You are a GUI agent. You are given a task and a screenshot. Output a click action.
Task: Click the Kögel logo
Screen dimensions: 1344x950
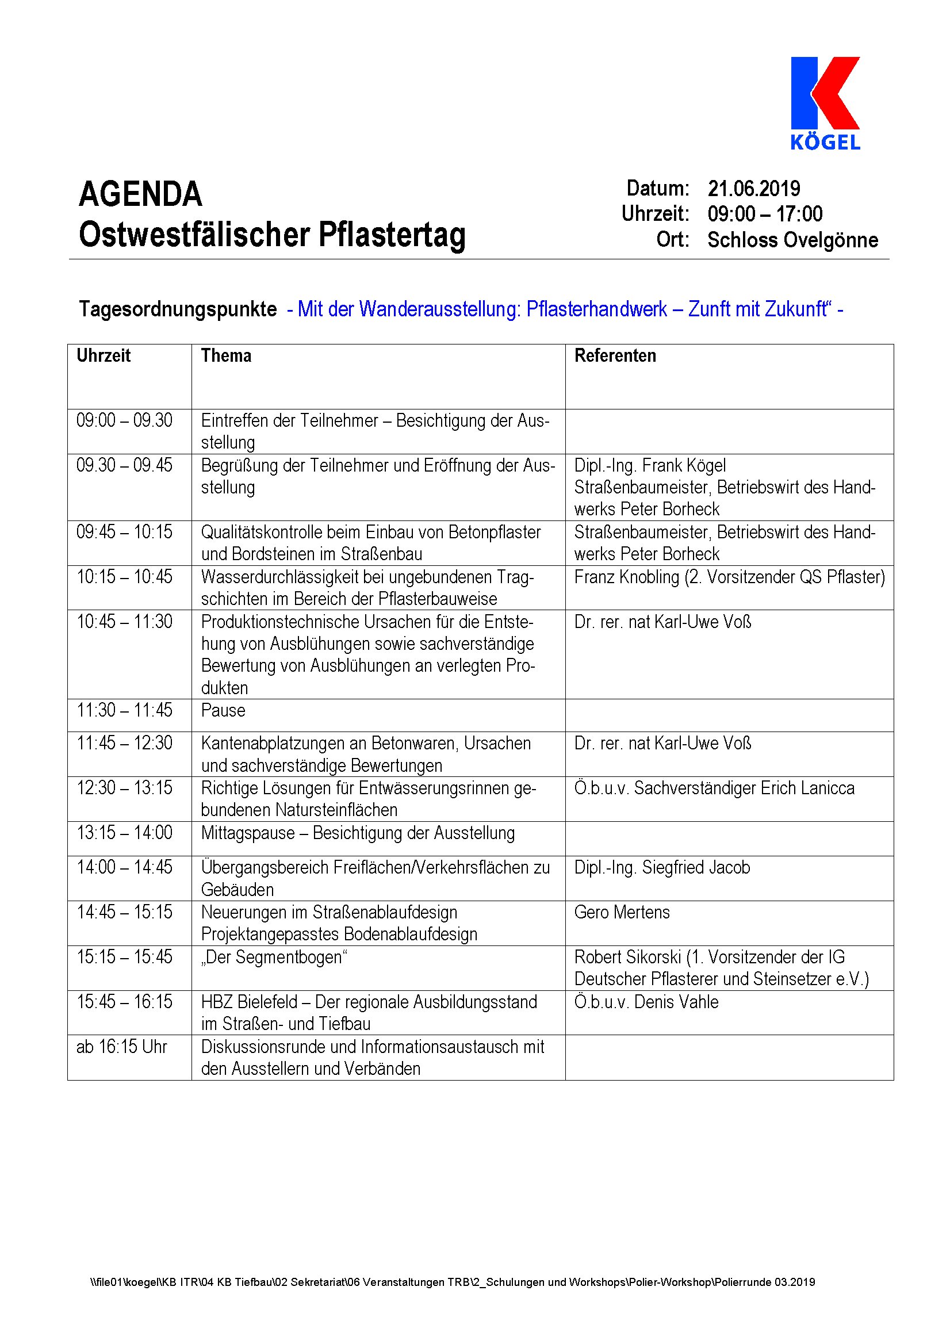[x=825, y=103]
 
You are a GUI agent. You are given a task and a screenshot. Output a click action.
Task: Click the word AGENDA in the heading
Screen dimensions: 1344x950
[x=140, y=194]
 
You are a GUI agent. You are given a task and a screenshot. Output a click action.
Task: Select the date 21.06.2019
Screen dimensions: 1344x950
[x=754, y=189]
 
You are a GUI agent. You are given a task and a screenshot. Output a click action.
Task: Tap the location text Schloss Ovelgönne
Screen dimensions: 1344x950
[x=792, y=240]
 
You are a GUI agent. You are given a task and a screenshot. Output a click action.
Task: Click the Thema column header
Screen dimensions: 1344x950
[x=226, y=356]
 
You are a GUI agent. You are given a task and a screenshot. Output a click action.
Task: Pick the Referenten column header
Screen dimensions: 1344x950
[x=615, y=356]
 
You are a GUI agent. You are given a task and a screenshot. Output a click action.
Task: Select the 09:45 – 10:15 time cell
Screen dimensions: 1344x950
[x=125, y=532]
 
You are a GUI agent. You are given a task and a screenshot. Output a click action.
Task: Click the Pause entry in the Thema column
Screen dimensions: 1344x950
[x=223, y=711]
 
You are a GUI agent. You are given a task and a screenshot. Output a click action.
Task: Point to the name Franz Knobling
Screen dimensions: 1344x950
[x=626, y=577]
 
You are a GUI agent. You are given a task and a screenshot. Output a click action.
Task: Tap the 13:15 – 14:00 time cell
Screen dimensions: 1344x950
[x=125, y=833]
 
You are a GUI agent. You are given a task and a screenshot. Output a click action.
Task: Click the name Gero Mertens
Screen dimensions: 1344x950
[x=622, y=913]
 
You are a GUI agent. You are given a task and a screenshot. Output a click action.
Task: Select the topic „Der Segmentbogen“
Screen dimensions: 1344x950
[x=274, y=958]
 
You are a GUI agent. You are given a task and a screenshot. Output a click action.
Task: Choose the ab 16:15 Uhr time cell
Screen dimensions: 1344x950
[x=122, y=1047]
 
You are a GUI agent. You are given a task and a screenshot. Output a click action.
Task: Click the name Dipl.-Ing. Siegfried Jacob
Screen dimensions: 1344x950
[x=662, y=867]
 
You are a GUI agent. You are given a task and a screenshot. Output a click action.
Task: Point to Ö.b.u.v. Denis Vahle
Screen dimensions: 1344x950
[x=646, y=1002]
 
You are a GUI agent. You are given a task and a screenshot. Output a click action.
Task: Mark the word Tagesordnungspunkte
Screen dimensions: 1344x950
[x=178, y=309]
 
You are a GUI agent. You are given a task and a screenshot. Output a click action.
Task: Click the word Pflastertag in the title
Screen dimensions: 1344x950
[x=392, y=235]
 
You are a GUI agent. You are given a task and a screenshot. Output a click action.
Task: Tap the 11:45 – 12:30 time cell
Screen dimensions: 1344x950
[x=125, y=744]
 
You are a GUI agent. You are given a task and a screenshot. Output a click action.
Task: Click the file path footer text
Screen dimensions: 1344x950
[x=453, y=1282]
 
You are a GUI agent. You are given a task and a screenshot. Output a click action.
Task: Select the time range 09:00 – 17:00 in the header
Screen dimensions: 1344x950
[x=765, y=215]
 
